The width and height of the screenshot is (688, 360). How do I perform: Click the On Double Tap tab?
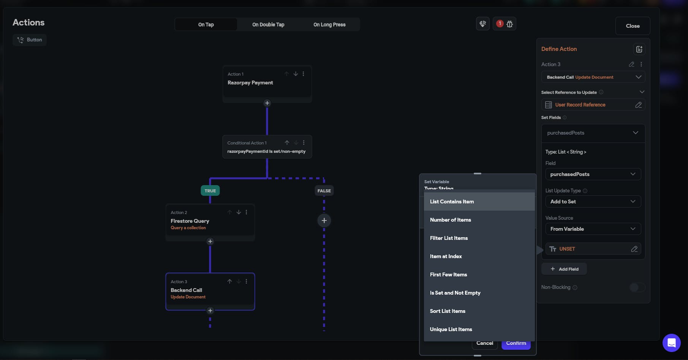268,25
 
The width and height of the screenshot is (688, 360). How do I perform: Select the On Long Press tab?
329,25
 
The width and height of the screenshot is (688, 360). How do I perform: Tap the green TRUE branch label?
210,191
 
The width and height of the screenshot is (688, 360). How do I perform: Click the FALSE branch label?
324,191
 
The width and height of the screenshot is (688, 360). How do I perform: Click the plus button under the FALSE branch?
324,220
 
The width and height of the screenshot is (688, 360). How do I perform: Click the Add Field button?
564,269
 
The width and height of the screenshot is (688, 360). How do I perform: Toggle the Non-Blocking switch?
637,287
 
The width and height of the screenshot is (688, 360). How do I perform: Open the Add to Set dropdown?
593,202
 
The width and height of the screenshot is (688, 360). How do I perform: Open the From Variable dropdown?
593,229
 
